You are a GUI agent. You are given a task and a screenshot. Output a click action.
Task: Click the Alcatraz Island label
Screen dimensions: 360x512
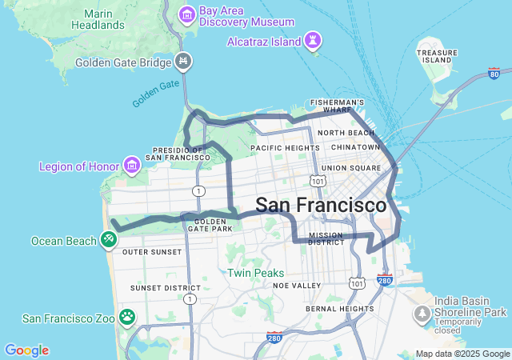click(x=263, y=41)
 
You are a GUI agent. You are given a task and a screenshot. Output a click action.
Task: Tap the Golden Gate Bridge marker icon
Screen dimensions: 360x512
click(x=184, y=61)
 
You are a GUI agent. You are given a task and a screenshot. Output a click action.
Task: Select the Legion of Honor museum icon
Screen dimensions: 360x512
click(x=131, y=166)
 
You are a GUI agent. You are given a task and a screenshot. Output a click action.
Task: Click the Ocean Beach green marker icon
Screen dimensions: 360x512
click(x=108, y=239)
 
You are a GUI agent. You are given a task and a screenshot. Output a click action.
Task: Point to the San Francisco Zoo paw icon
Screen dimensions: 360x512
click(x=126, y=318)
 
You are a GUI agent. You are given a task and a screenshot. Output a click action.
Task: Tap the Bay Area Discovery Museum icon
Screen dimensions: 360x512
click(x=187, y=14)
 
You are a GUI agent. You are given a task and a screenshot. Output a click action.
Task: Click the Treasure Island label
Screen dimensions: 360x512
click(x=438, y=56)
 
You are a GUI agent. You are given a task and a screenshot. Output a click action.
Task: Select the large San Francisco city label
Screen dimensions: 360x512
click(x=321, y=205)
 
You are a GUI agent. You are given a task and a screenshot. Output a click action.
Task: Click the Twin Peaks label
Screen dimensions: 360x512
click(x=255, y=273)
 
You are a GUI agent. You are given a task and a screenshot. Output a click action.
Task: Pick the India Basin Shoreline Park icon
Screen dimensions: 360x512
click(x=422, y=314)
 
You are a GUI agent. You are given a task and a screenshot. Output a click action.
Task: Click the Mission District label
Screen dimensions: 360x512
click(x=326, y=238)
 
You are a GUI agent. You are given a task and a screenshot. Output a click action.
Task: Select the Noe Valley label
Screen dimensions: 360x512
click(x=296, y=286)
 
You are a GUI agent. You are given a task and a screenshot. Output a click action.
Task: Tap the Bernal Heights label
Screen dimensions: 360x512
click(x=339, y=308)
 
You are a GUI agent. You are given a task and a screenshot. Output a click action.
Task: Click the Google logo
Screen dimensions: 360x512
click(x=26, y=350)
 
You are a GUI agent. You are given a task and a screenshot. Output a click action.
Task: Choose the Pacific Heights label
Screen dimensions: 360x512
click(x=284, y=148)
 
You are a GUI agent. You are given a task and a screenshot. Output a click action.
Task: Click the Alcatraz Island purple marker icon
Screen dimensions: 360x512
click(x=313, y=40)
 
